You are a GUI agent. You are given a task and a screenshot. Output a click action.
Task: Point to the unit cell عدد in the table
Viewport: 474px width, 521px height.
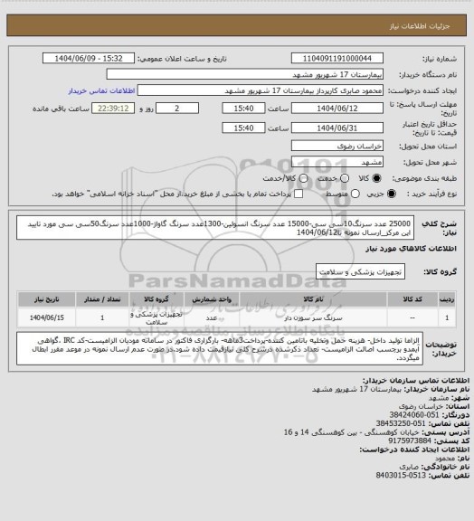211,317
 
